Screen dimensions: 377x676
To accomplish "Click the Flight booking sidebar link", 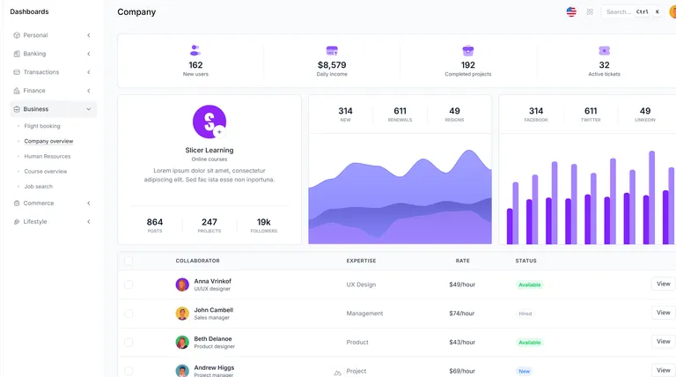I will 42,126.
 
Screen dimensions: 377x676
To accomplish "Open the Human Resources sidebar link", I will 47,156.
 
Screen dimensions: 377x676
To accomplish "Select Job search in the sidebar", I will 38,186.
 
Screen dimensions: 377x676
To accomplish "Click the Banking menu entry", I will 35,54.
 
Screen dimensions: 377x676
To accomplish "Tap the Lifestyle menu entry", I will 35,221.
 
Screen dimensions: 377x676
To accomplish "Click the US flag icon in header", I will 571,11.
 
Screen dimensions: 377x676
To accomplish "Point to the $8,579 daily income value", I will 332,65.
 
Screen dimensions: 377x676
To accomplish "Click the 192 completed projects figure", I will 467,65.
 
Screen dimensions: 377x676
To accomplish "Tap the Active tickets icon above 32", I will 604,51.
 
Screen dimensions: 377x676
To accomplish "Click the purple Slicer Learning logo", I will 209,122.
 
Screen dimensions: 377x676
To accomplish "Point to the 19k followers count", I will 263,222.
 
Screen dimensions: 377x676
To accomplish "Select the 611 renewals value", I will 400,111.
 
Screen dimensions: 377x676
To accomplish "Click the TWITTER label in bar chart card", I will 591,120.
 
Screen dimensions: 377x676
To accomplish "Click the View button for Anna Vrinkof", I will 663,284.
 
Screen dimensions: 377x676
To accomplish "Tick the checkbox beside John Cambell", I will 129,313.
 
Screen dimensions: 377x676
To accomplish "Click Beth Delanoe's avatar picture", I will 182,342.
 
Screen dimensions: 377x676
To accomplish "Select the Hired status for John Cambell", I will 525,314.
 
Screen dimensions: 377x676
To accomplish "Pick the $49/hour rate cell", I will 462,285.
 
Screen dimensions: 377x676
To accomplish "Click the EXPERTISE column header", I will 362,261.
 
